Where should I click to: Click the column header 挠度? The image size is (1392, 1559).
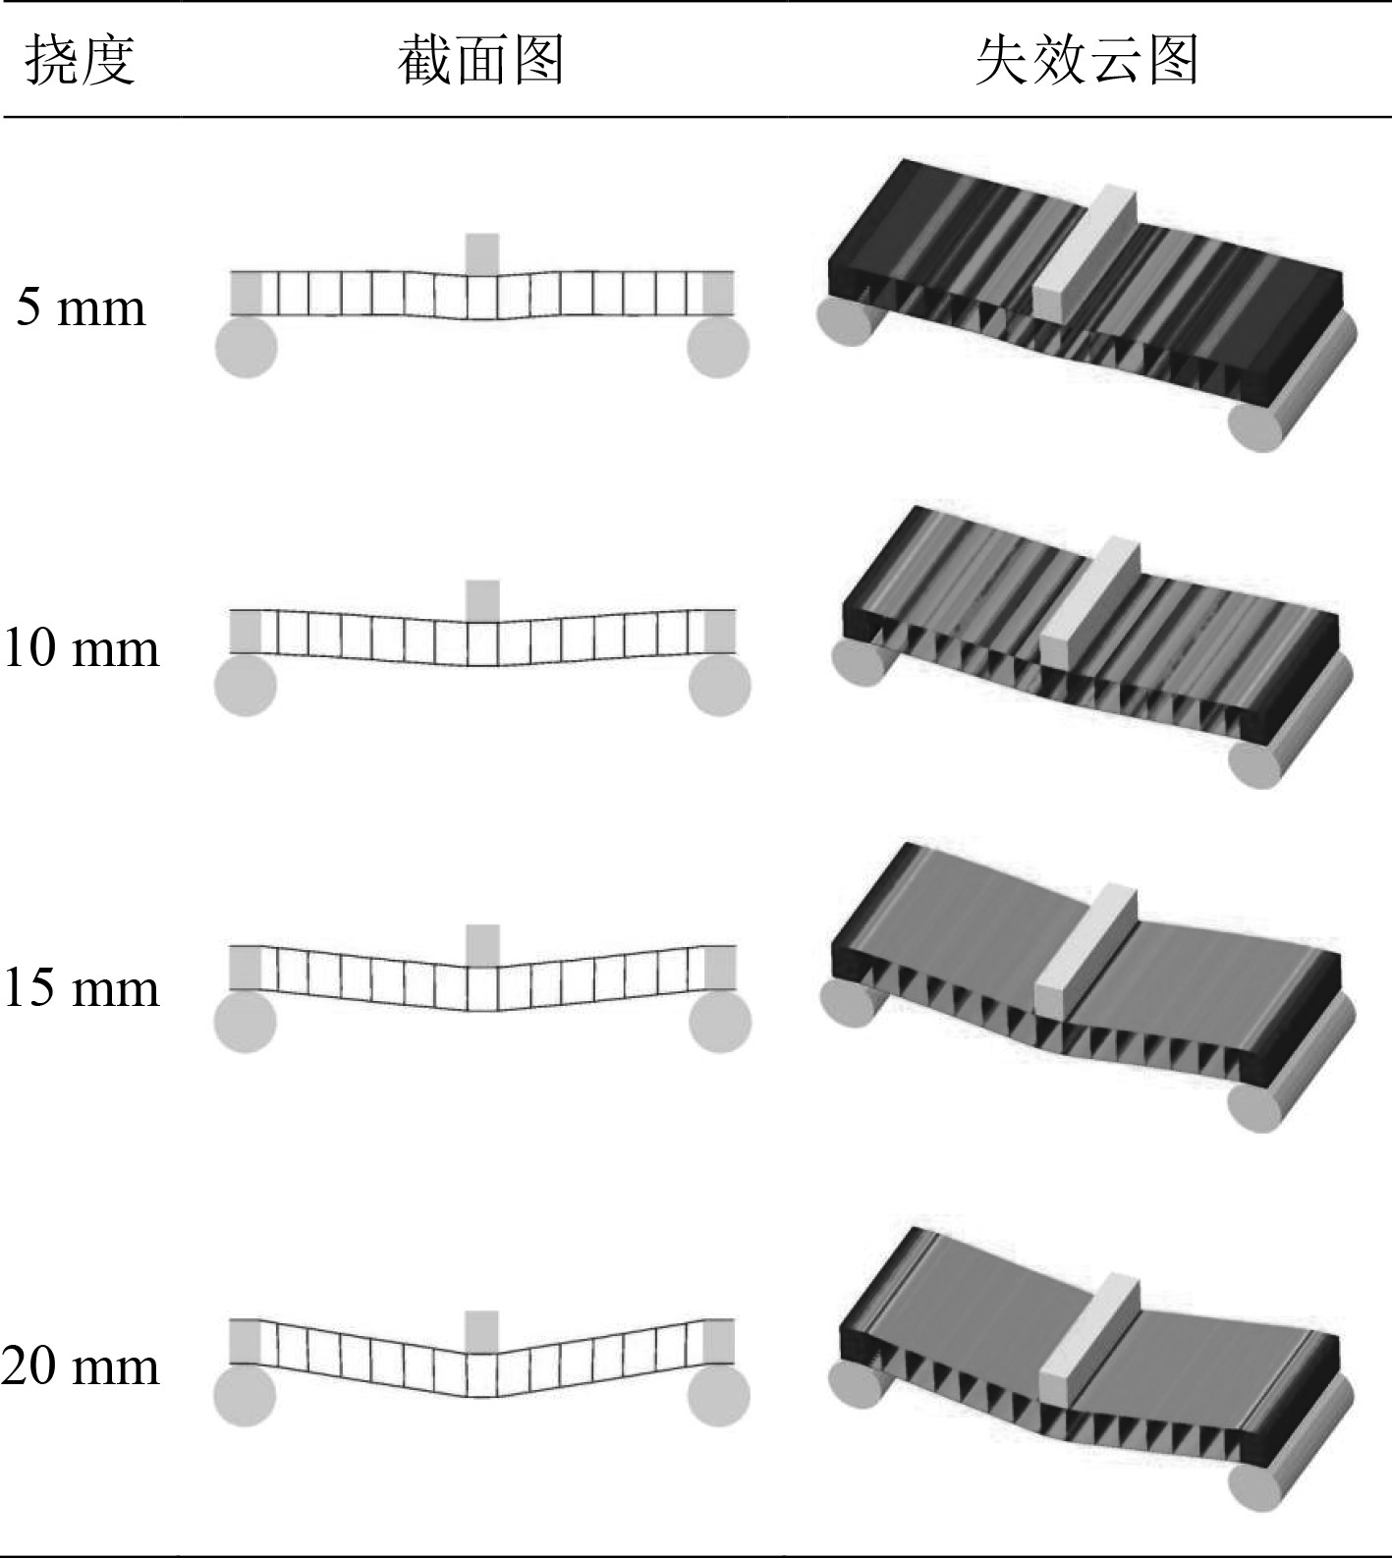point(80,61)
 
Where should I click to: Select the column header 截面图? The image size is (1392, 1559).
point(481,61)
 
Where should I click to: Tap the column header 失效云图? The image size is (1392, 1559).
point(1087,61)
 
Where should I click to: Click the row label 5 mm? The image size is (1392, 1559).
point(81,307)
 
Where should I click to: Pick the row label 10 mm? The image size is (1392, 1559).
point(81,648)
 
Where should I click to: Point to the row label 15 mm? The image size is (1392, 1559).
point(81,987)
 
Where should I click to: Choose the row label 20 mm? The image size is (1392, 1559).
point(81,1366)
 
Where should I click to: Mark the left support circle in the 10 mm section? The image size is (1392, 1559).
point(246,686)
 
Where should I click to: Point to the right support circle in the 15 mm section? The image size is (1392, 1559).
point(720,1023)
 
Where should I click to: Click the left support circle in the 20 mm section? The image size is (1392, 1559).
point(245,1396)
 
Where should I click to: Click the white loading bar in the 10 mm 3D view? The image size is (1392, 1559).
point(1089,602)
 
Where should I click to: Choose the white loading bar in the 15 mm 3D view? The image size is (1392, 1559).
point(1086,951)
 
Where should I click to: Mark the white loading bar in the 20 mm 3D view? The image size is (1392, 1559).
point(1089,1337)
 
